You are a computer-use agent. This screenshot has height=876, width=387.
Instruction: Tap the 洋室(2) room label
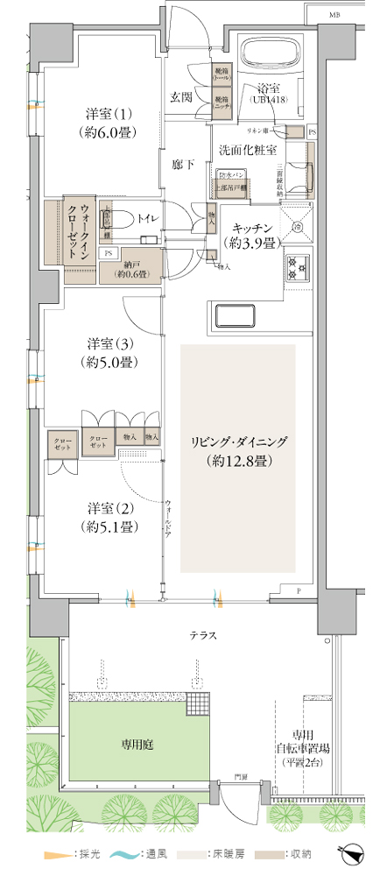(109, 517)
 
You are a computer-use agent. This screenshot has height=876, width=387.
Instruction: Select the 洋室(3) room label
(109, 351)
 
